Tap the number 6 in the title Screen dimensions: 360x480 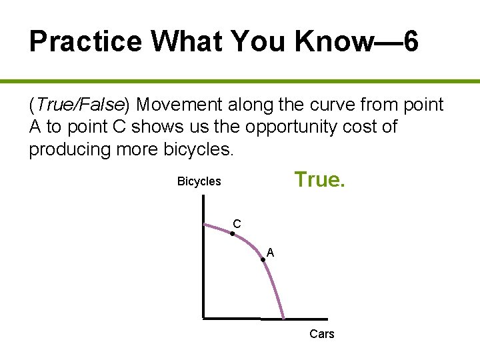(x=411, y=42)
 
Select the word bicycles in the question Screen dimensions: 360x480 (x=198, y=149)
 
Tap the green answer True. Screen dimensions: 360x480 (x=320, y=179)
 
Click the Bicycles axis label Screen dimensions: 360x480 (x=199, y=181)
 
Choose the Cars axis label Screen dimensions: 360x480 (x=322, y=334)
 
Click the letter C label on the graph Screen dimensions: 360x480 (x=237, y=223)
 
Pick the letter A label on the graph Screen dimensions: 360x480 (x=270, y=253)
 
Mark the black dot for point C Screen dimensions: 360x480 (x=232, y=234)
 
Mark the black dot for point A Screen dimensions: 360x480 (x=263, y=259)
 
